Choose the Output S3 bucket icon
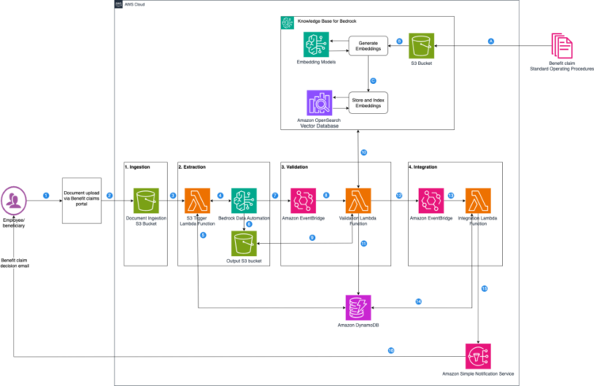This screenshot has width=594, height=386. click(242, 240)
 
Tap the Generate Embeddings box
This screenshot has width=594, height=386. click(368, 46)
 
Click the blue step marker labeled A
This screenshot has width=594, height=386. click(491, 40)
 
